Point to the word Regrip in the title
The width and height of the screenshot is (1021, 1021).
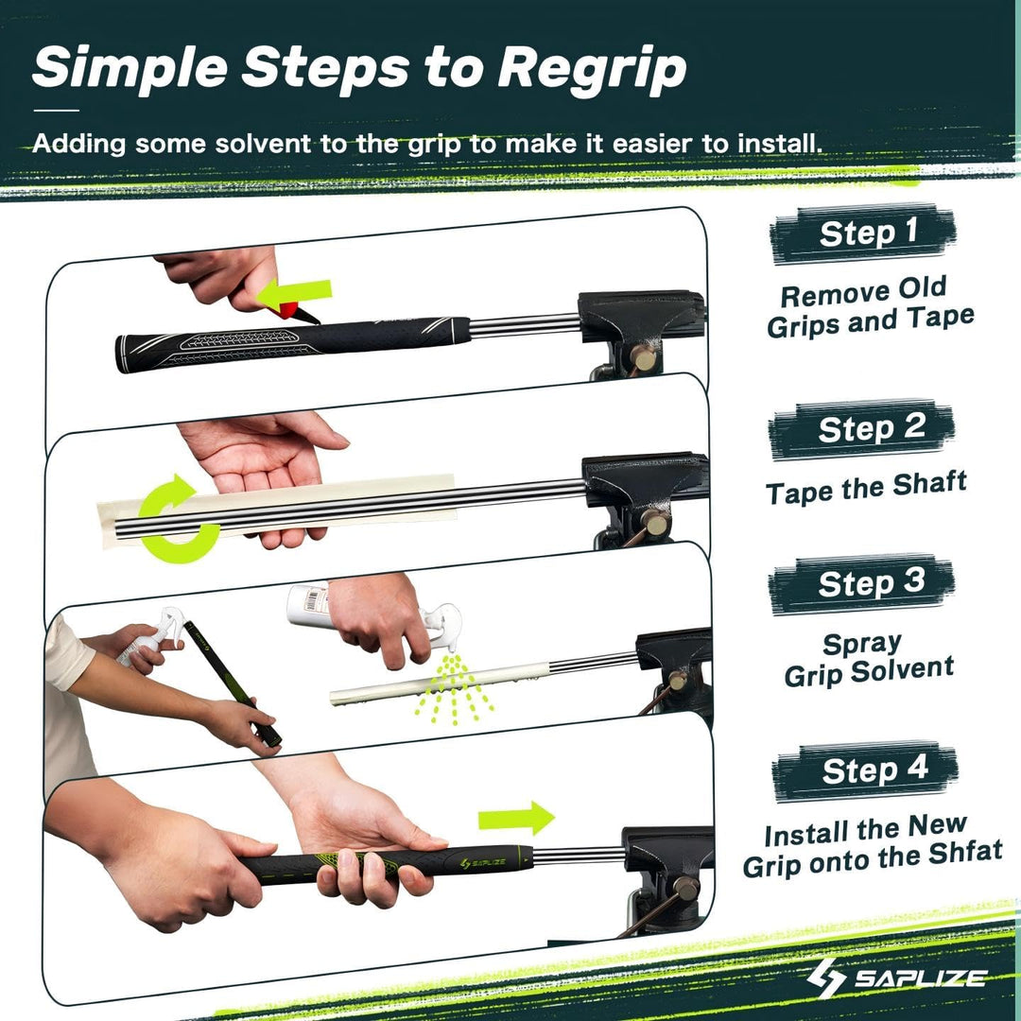point(592,68)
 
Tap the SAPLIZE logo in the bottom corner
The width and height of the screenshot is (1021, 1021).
point(897,977)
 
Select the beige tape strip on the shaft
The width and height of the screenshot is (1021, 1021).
point(284,507)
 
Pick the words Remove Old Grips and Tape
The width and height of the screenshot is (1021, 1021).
point(870,308)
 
